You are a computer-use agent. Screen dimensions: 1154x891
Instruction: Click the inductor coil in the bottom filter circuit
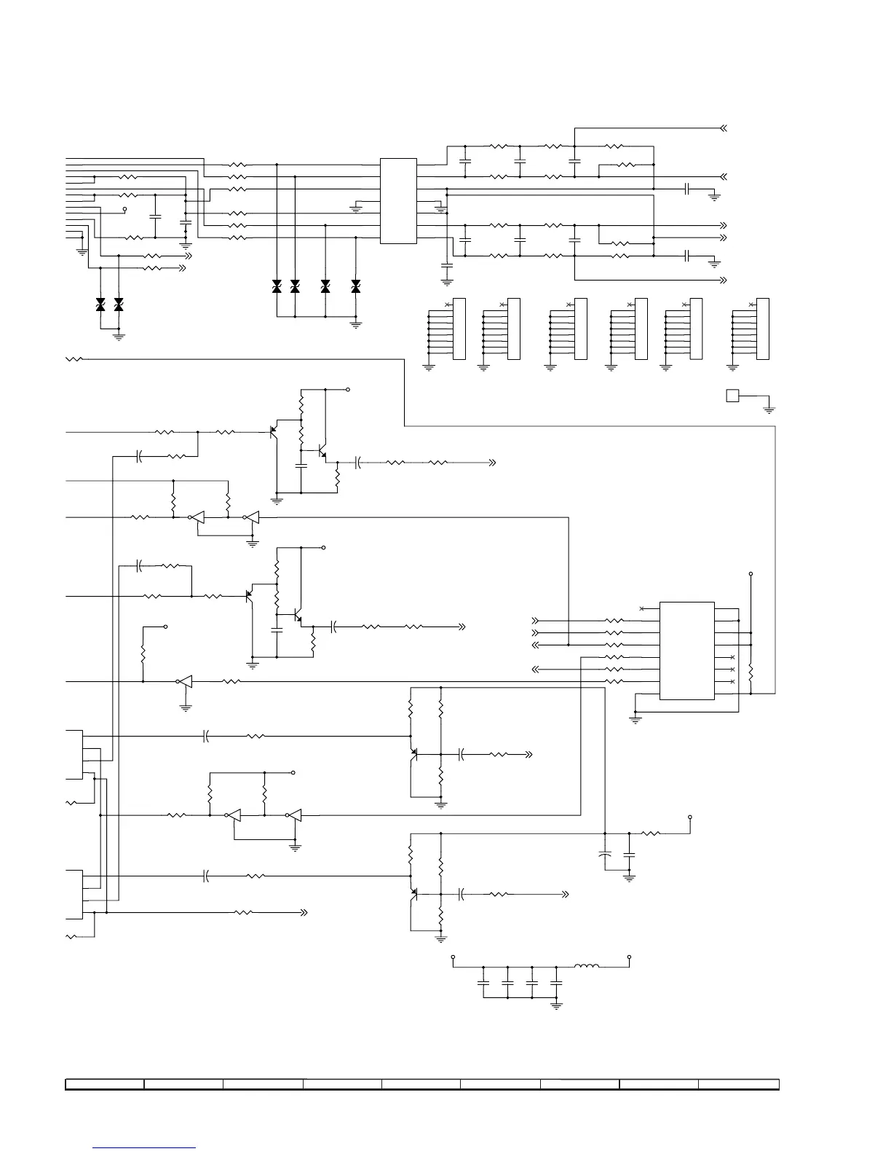(587, 967)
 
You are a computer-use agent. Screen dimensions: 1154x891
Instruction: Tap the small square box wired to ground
(732, 396)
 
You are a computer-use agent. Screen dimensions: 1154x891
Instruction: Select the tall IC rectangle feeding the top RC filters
(398, 201)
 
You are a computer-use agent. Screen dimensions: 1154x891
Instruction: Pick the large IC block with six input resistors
(686, 651)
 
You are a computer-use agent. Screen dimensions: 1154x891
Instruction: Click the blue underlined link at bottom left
(145, 1147)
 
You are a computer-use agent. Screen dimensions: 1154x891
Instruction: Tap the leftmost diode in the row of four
(277, 287)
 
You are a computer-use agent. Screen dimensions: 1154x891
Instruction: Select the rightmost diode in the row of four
(355, 287)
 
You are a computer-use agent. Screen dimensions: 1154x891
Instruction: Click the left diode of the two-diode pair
(100, 305)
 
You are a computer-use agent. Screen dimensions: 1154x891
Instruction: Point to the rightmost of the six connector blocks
(762, 329)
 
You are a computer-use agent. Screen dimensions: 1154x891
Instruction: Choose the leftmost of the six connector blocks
(459, 329)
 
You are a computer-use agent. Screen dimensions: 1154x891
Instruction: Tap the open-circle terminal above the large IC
(751, 574)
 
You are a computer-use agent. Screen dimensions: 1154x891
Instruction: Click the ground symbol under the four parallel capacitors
(557, 1006)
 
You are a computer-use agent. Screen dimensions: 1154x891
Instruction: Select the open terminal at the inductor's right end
(629, 957)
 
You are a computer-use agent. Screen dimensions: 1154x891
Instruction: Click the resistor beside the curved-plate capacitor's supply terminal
(650, 833)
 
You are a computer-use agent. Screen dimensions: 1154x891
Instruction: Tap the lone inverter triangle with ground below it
(185, 682)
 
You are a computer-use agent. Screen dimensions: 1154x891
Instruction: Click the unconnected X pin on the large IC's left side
(641, 608)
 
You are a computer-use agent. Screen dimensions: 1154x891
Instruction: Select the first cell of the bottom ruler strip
(105, 1084)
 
